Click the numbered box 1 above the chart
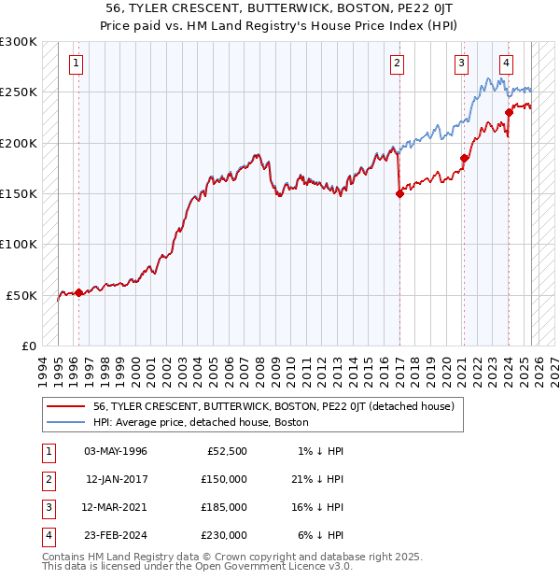point(75,64)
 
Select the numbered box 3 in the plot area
point(461,64)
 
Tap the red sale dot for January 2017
point(399,194)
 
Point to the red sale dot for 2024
point(510,113)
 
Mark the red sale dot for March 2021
point(464,158)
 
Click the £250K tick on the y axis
point(19,92)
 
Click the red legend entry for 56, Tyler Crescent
point(273,406)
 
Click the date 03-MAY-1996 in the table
point(116,451)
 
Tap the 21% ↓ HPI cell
point(317,479)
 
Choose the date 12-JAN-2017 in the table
point(116,479)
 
